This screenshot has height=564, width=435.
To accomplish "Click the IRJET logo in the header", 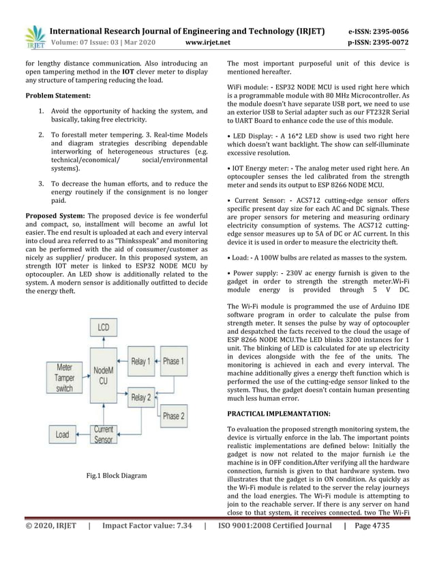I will coord(33,38).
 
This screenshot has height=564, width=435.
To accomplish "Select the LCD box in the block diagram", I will coord(103,327).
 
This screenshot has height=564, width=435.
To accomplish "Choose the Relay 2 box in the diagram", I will coord(141,397).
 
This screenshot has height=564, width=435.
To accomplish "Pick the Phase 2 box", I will coord(172,415).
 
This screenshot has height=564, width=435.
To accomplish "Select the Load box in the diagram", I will coord(63,434).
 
